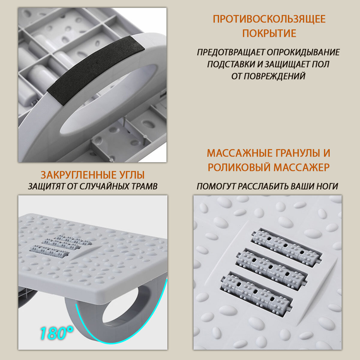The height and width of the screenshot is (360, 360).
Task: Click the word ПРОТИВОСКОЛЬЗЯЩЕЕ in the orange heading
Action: (x=269, y=19)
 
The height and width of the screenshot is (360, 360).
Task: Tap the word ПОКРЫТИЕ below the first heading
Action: (x=269, y=33)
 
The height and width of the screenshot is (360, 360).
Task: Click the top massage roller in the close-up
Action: (x=286, y=246)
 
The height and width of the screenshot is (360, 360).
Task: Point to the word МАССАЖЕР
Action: (x=301, y=167)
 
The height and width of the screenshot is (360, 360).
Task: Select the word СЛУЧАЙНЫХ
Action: (x=106, y=186)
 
